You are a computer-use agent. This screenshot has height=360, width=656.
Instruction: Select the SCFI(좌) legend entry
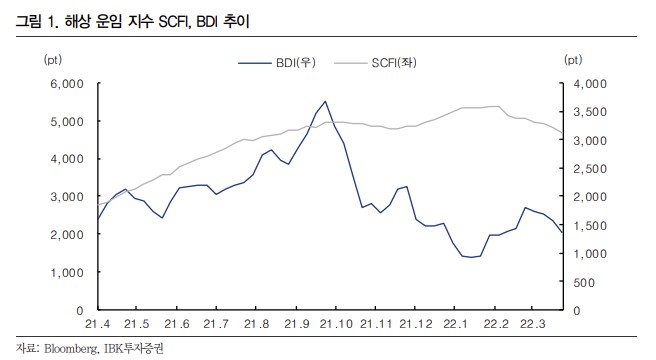[400, 62]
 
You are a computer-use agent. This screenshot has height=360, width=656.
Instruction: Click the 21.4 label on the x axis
[97, 325]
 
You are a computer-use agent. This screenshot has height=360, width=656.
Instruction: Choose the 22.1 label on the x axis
[456, 325]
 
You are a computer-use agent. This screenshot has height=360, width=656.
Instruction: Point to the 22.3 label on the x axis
[536, 325]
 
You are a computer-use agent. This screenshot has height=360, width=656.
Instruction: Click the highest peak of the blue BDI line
[325, 101]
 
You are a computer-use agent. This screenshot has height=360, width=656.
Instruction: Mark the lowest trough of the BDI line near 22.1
[470, 257]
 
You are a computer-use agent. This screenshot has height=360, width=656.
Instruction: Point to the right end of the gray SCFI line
[562, 133]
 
